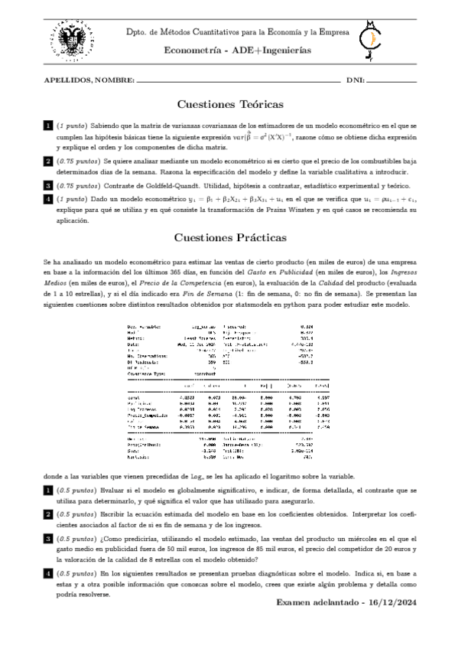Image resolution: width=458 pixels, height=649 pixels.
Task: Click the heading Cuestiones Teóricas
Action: tap(230, 104)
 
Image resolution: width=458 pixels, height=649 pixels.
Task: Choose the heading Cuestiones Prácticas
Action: tap(230, 238)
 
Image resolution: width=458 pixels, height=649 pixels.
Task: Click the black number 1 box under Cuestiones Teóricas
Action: tap(48, 126)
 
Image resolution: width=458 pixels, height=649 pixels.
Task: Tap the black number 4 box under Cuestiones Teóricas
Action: tap(48, 199)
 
